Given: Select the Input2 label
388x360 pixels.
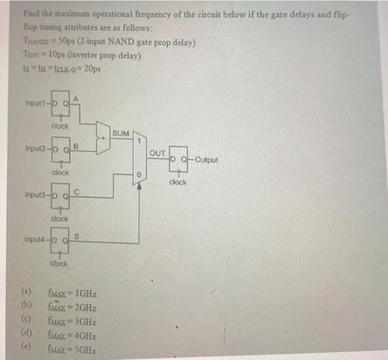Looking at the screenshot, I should click(35, 149).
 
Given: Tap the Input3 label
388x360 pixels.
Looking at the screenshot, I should click(35, 196).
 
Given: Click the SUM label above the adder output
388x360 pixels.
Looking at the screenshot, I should click(120, 133).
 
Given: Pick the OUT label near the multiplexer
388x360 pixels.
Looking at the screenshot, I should click(158, 152).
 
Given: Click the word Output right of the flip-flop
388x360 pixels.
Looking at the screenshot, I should click(206, 160).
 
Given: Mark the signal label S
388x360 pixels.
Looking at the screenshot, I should click(78, 236).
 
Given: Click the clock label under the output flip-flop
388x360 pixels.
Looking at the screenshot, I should click(178, 182).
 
